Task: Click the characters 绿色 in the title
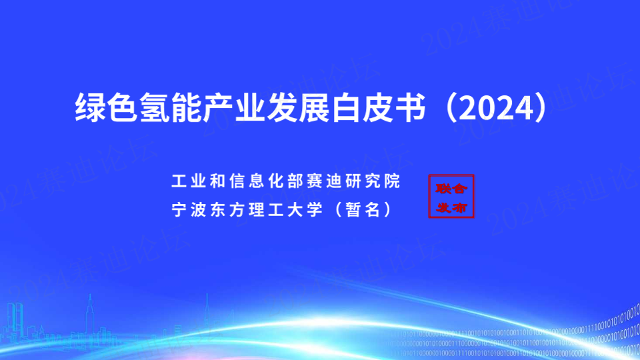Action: tap(106, 108)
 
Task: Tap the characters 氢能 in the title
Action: tap(171, 108)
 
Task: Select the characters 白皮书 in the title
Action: tap(379, 108)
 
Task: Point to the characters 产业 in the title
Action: tap(235, 108)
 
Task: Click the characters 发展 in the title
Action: tap(299, 108)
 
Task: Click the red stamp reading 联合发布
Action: tap(451, 196)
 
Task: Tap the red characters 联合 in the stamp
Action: tap(451, 188)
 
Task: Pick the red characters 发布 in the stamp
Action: tap(451, 207)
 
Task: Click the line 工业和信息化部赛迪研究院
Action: tap(286, 181)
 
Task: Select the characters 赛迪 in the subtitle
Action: tap(324, 181)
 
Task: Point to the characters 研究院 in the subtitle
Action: tap(373, 181)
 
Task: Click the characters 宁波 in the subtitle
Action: tap(189, 209)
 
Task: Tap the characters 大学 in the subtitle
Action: tap(305, 209)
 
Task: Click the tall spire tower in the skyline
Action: tap(90, 314)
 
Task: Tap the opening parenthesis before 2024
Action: tap(451, 108)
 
